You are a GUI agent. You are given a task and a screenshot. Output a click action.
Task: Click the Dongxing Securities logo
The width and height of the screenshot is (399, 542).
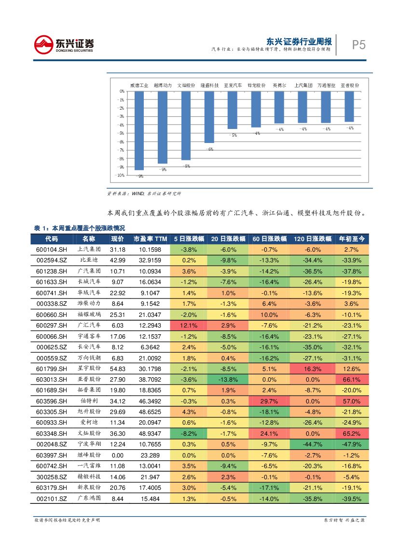[x=64, y=45]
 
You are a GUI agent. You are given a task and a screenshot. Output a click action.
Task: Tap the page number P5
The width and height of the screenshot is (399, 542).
[x=358, y=45]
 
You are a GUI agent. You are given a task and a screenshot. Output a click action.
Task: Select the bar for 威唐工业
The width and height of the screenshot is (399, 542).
[x=139, y=130]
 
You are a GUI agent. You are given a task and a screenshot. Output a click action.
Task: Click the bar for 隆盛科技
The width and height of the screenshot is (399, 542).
[x=209, y=117]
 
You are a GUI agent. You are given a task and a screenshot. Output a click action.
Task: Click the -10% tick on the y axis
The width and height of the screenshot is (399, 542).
[x=120, y=175]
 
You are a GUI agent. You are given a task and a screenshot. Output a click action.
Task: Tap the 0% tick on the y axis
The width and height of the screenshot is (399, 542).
[x=122, y=91]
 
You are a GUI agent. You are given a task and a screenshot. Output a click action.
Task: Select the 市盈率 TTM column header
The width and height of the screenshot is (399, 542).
[x=150, y=239]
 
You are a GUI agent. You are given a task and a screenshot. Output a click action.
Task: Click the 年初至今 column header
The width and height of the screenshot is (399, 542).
[x=351, y=239]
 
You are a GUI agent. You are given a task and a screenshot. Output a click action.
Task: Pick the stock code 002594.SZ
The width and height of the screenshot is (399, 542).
[x=51, y=260]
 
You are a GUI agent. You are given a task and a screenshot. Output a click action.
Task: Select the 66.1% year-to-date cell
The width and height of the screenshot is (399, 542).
[x=351, y=380]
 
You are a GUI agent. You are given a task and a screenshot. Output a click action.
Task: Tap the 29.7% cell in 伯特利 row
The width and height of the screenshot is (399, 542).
[x=269, y=401]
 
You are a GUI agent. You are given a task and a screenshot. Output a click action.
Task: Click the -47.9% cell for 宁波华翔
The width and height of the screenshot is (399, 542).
[x=351, y=444]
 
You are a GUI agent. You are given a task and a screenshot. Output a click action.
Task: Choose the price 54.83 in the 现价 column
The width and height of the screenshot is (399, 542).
[x=118, y=369]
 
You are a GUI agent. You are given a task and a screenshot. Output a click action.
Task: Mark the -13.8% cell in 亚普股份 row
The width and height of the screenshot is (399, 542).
[x=228, y=380]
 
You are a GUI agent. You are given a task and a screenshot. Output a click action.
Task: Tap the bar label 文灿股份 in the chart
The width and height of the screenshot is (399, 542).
[x=186, y=85]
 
